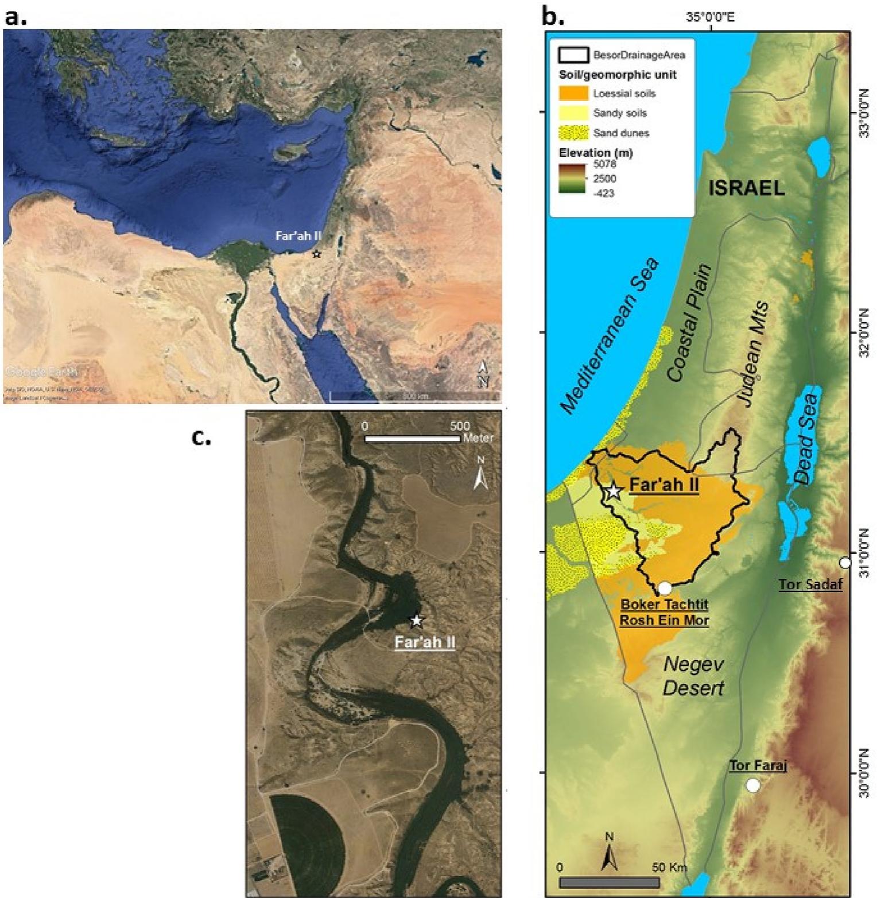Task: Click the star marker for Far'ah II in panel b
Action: click(614, 491)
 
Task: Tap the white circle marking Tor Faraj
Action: click(752, 785)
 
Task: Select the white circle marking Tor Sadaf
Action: click(844, 562)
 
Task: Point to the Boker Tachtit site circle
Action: click(664, 588)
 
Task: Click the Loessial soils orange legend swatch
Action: click(573, 93)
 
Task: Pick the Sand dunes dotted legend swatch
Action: click(573, 133)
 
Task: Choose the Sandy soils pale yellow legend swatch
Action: click(573, 113)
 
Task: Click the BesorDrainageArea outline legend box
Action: click(573, 55)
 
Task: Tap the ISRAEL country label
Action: click(746, 188)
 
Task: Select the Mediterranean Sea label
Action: click(610, 336)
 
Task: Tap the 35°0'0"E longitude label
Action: click(710, 17)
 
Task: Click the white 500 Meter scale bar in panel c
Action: click(412, 439)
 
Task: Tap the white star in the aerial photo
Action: click(416, 621)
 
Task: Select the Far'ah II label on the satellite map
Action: click(298, 236)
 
